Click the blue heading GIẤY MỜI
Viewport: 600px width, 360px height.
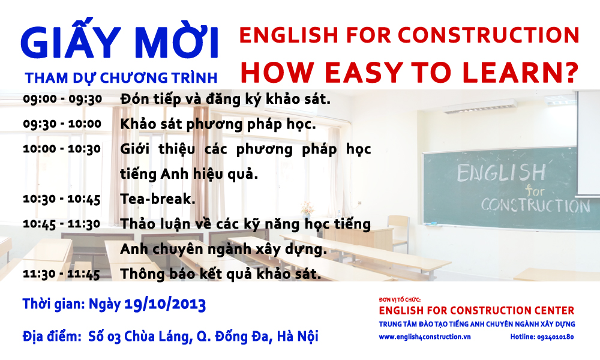119,38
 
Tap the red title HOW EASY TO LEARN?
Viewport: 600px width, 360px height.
409,73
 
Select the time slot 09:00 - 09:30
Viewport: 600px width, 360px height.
62,99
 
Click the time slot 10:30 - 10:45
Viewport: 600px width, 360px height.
62,199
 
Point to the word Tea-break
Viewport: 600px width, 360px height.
158,199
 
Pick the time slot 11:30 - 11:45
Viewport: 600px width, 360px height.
61,274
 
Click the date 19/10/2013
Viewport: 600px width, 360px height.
165,304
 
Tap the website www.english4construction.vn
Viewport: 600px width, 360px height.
425,337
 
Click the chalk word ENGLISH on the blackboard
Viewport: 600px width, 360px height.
501,173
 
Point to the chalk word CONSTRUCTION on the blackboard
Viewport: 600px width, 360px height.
535,205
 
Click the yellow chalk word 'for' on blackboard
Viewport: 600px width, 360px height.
535,190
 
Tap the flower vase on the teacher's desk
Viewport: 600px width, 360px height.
307,210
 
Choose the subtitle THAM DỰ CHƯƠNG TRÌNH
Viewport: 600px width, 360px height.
121,78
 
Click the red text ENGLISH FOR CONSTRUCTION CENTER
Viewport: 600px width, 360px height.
476,310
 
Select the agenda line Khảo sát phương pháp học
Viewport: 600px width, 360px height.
218,124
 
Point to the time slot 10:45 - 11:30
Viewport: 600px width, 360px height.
62,224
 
